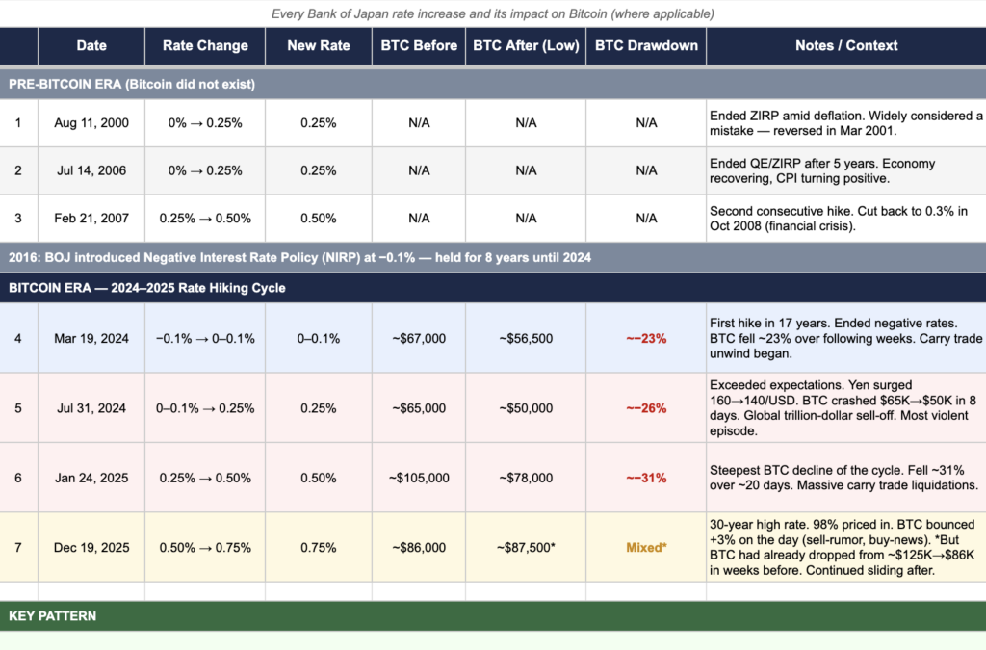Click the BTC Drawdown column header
646,45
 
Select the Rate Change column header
205,45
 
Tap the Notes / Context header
846,45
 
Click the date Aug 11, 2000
91,122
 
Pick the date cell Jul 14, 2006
91,170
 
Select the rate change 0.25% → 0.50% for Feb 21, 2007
205,219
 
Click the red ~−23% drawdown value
646,338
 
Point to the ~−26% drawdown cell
646,408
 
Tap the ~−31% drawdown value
646,478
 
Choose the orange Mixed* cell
646,548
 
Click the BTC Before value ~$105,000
419,478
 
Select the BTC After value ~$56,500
526,338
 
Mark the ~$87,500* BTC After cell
526,548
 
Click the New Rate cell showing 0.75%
318,548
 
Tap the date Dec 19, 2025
91,548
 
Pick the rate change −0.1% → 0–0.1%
205,338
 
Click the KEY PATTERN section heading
53,615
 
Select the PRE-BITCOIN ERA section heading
132,84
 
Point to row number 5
18,408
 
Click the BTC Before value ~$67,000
419,338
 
